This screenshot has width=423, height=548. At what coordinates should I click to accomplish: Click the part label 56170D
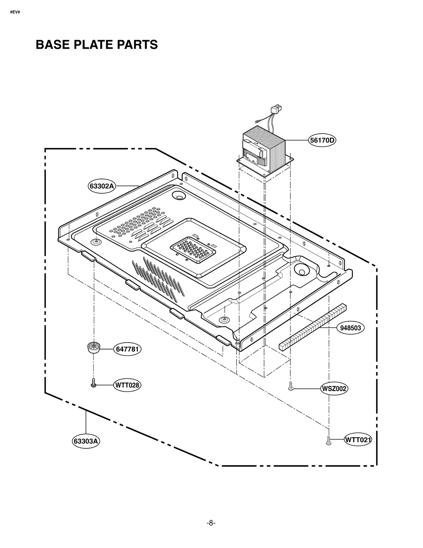tap(322, 140)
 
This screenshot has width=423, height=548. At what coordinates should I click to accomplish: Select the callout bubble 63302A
tap(102, 186)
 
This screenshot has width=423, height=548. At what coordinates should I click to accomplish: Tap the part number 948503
tap(350, 328)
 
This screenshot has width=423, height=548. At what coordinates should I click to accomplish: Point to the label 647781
tap(127, 349)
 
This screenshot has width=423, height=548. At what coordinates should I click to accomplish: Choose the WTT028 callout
tap(127, 385)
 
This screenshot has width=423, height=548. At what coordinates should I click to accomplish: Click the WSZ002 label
tap(334, 389)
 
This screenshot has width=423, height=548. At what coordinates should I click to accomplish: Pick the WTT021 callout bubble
tap(358, 440)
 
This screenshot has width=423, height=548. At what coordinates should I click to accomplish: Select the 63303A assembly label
tap(86, 441)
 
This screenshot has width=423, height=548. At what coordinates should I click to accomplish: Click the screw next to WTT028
tap(93, 383)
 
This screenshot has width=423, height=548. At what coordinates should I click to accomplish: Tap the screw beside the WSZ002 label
tap(291, 386)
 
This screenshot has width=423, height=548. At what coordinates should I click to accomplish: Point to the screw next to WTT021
tap(329, 441)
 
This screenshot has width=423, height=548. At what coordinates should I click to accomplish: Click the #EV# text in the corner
tap(15, 12)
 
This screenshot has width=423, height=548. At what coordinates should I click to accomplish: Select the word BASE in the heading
tap(53, 45)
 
